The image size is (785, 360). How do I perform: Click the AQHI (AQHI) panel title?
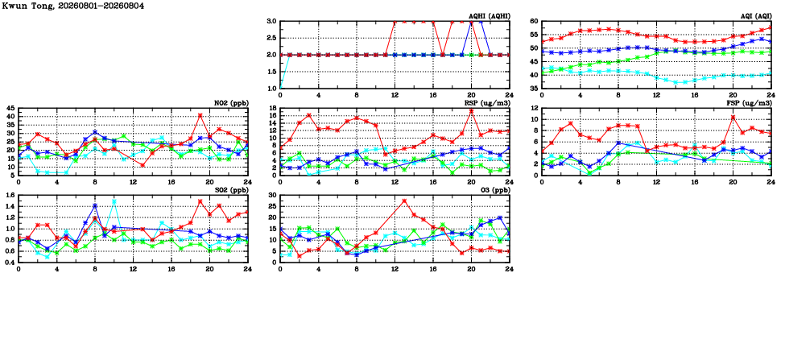492,16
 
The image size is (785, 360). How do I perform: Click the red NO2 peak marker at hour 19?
200,115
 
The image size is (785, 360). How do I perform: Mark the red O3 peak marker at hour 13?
404,201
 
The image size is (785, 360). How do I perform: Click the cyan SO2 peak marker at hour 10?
114,201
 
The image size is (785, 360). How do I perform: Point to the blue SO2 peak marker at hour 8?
95,206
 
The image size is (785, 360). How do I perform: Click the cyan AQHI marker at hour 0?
280,89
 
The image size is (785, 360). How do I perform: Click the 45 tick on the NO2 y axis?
10,109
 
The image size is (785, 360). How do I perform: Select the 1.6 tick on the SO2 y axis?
9,195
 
